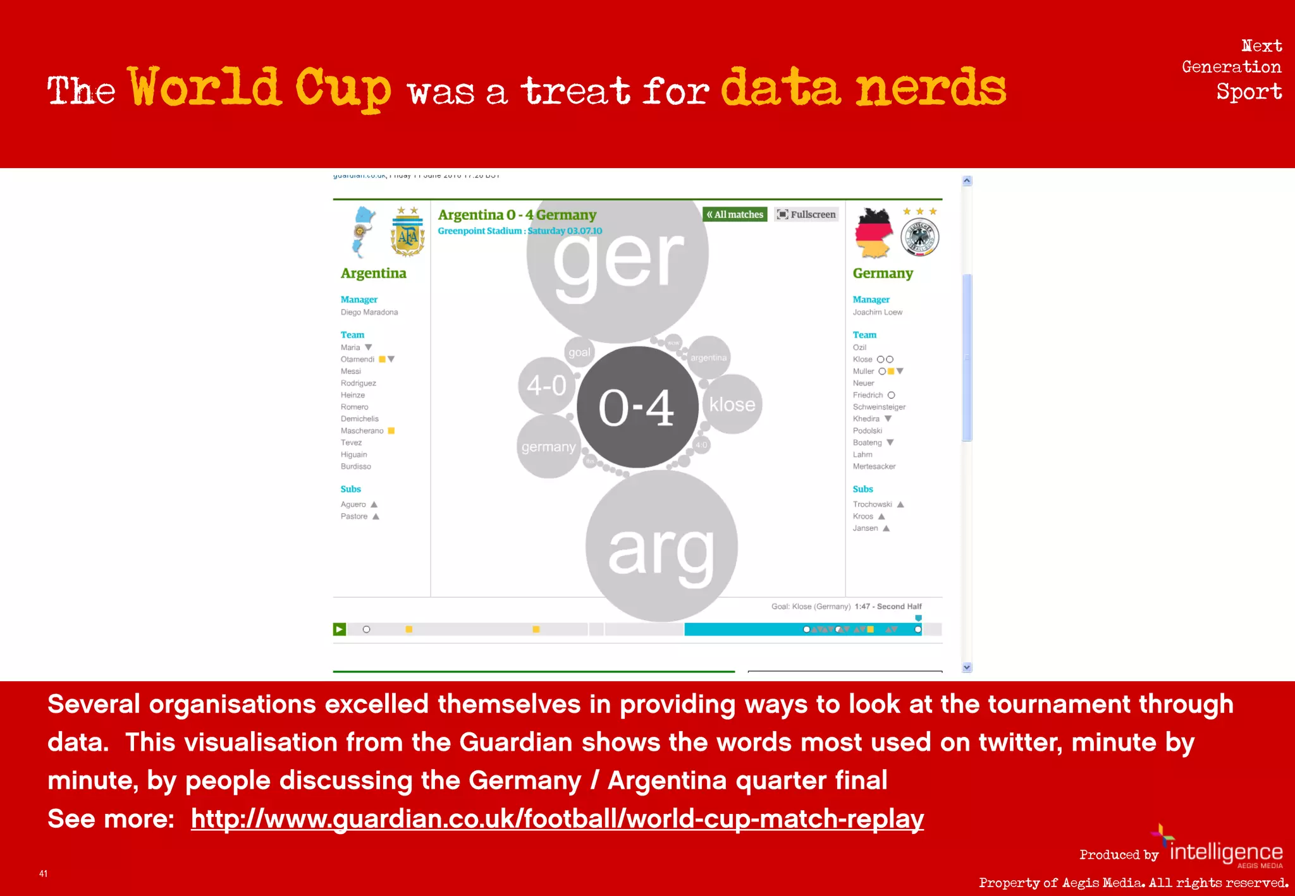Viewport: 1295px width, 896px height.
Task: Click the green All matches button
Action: [735, 215]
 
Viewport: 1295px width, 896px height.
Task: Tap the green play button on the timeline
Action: [340, 629]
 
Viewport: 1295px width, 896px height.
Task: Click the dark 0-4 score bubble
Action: [637, 407]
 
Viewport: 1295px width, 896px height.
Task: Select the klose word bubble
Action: [732, 404]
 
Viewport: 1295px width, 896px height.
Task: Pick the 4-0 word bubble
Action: [546, 385]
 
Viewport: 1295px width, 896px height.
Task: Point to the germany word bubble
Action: [548, 447]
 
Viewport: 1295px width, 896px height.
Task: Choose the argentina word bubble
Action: [709, 358]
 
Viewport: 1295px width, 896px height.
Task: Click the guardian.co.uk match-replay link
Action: [557, 819]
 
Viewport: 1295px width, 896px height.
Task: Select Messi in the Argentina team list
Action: [351, 372]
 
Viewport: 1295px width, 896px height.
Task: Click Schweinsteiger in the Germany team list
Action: [879, 407]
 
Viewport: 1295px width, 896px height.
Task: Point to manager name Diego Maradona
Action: [369, 312]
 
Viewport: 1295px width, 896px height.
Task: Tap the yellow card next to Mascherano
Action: [391, 431]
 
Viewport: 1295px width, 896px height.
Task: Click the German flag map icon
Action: [874, 233]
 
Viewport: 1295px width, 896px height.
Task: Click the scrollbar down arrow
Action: [967, 667]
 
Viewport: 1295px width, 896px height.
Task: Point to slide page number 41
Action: [43, 874]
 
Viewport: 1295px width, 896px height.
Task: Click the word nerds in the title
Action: [931, 88]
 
